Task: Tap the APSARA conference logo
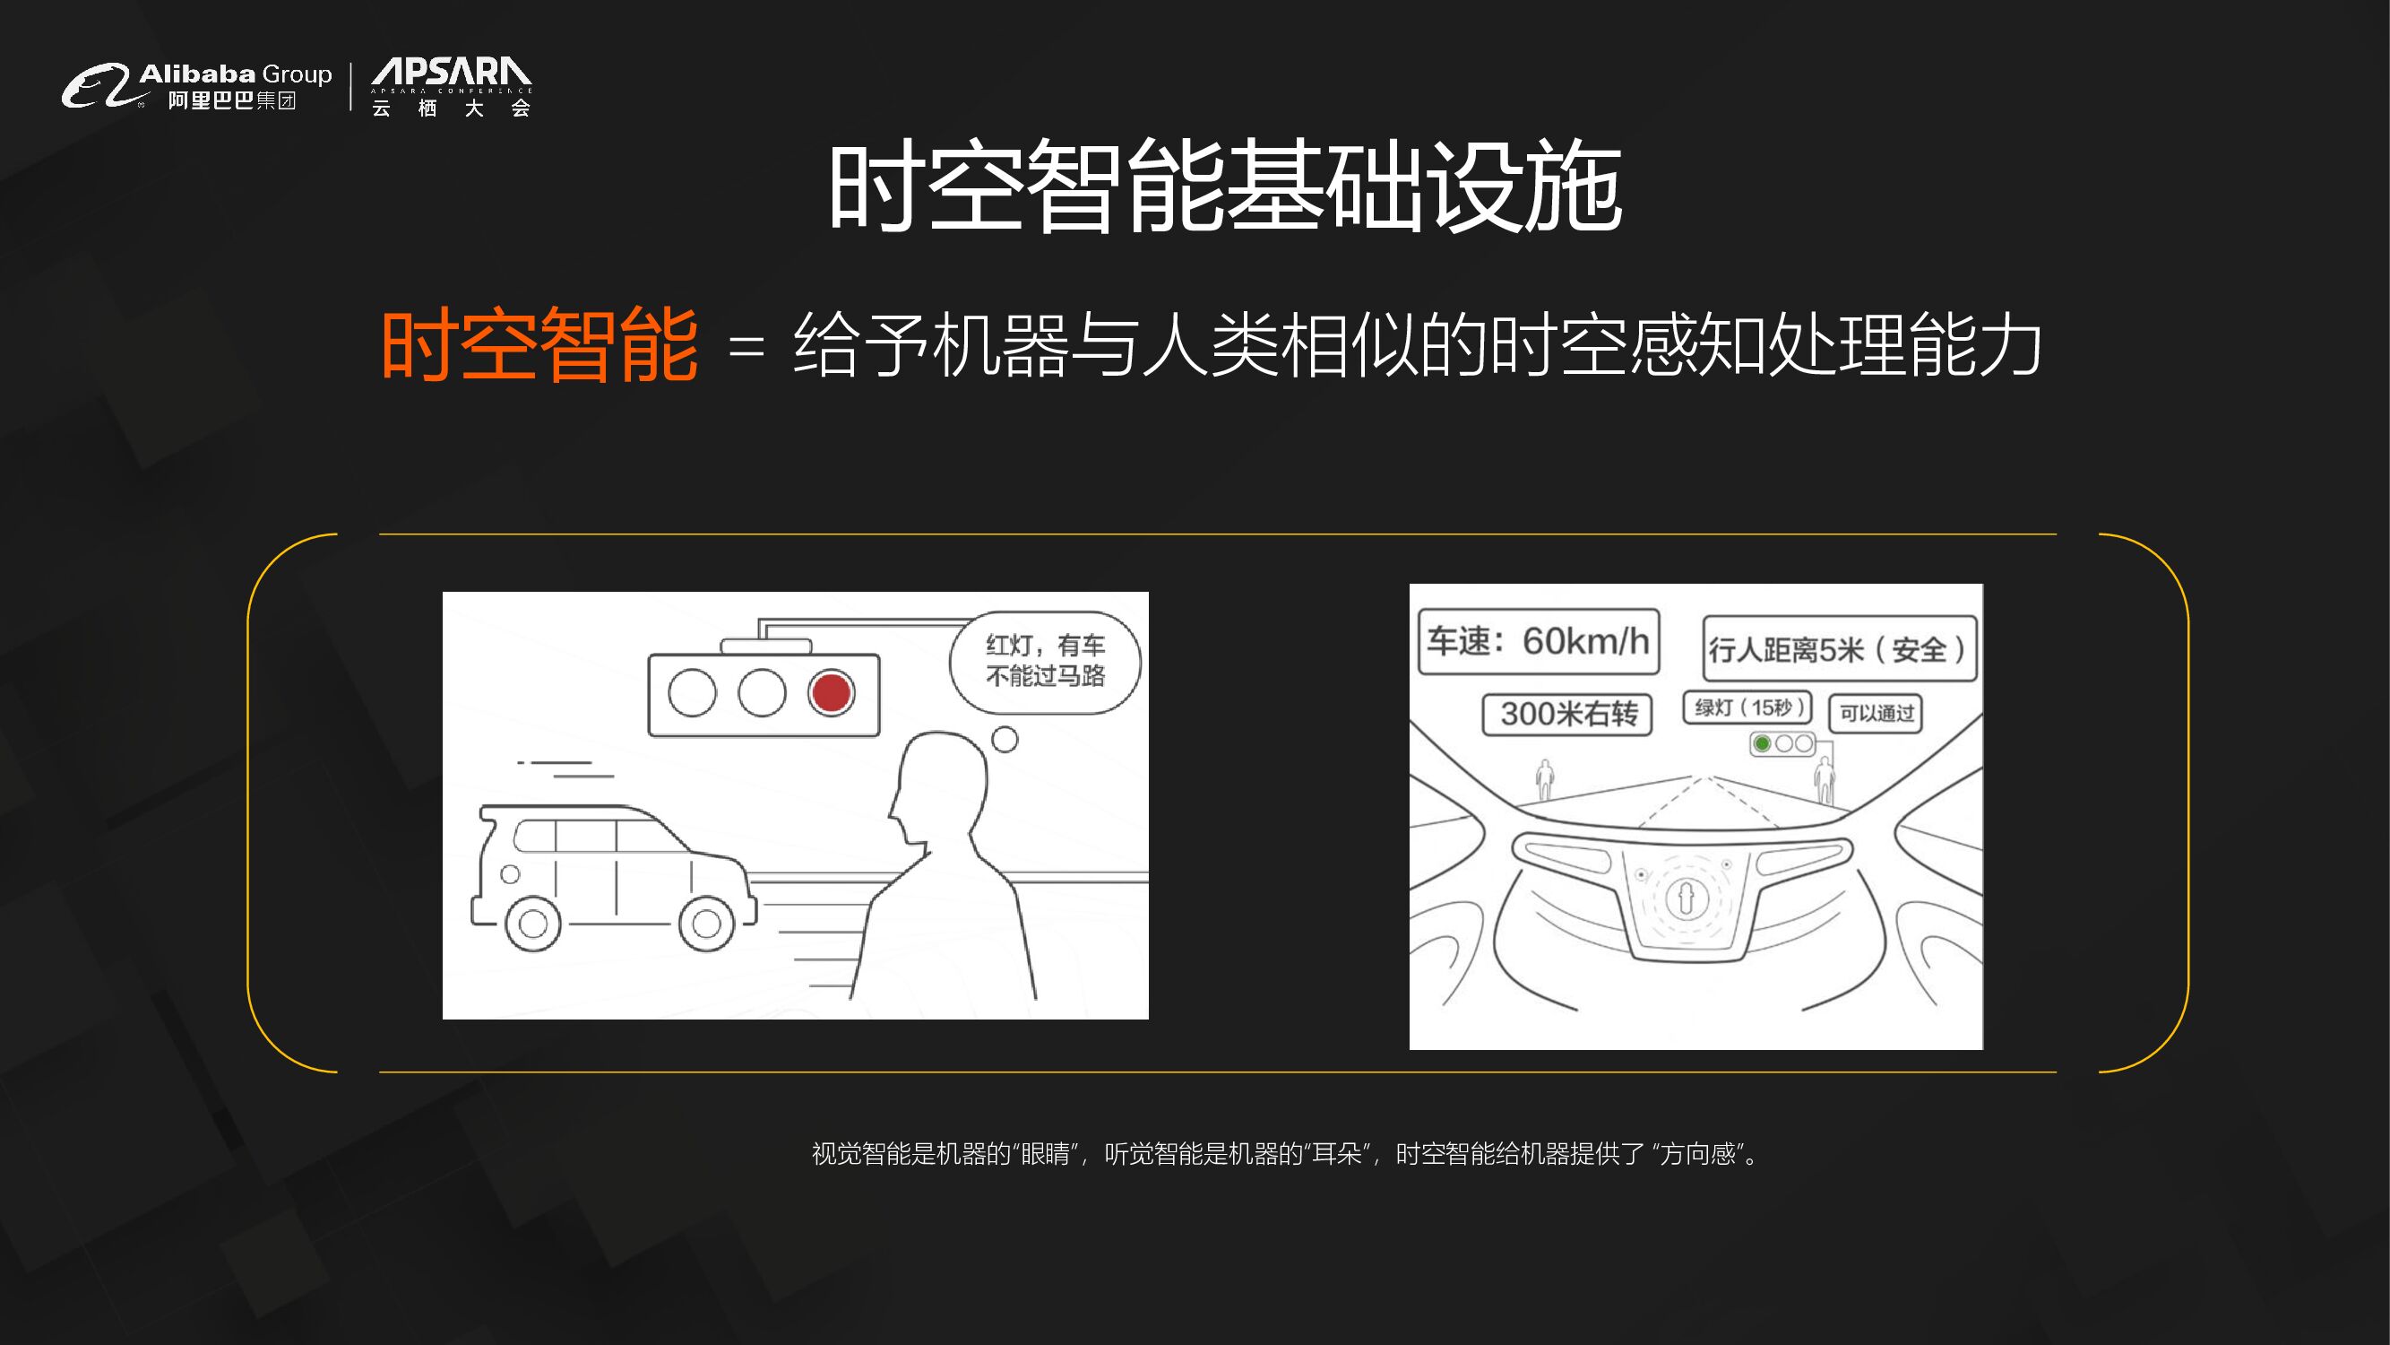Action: point(451,86)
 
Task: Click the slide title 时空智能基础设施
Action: point(1225,186)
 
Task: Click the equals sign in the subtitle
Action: point(746,348)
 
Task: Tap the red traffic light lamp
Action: point(831,692)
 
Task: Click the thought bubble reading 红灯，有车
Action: point(1045,662)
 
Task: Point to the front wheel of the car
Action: point(706,923)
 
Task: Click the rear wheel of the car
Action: point(532,923)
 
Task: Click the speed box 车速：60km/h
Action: point(1539,640)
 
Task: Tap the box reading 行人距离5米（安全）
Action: point(1839,649)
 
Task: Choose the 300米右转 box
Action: point(1567,714)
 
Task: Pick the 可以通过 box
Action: point(1875,713)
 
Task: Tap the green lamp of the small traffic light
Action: point(1763,743)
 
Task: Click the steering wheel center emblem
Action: point(1686,897)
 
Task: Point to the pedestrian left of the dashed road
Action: point(1545,779)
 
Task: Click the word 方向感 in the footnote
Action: point(1698,1154)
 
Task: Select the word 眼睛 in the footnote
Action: point(1046,1154)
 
